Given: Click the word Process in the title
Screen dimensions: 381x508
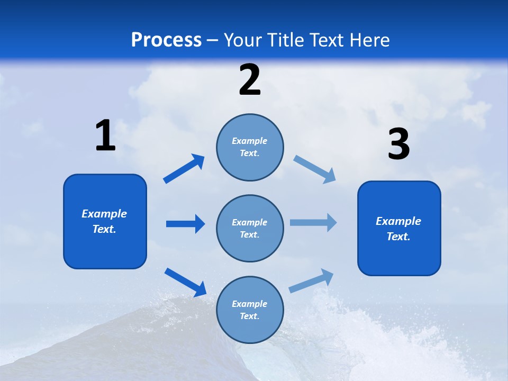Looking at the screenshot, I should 166,40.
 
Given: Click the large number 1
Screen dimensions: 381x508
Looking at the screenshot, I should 105,136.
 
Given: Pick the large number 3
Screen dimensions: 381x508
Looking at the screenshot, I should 398,144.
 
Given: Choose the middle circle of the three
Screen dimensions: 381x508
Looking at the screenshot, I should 250,228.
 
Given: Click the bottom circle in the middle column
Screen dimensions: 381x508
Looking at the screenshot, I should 250,310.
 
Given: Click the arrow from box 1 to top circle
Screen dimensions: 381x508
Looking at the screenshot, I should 184,169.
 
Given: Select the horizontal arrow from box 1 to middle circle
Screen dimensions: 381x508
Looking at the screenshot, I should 185,224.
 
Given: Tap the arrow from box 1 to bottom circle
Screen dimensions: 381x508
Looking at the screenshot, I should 185,282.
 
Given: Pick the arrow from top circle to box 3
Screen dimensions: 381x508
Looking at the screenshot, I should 315,169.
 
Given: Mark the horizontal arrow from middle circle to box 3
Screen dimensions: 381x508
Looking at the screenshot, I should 313,223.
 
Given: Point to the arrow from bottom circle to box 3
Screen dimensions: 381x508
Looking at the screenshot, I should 311,281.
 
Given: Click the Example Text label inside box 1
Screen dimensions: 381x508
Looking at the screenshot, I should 104,221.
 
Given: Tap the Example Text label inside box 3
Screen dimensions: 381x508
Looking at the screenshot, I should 398,229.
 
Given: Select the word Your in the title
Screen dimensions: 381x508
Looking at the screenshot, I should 242,40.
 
